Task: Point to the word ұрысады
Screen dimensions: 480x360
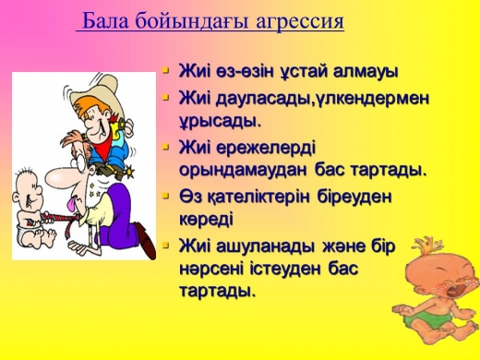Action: point(220,121)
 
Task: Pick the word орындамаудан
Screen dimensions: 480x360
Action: point(243,170)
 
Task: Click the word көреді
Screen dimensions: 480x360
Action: point(206,219)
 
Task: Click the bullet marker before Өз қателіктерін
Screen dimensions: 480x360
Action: point(166,196)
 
